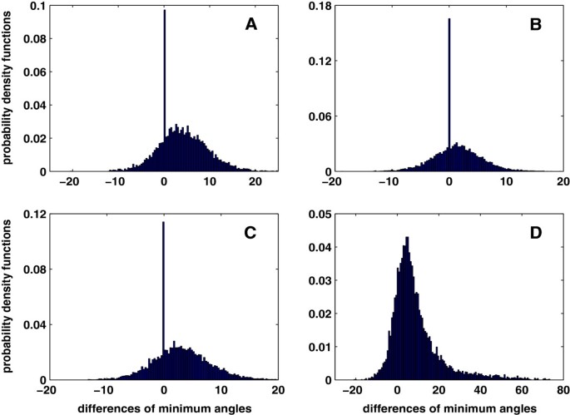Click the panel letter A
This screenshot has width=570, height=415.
(x=250, y=25)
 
